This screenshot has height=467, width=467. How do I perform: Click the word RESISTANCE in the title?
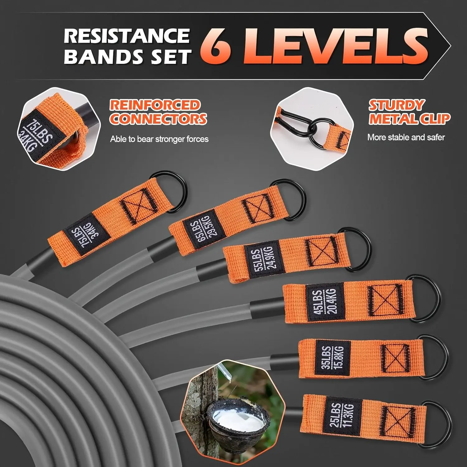(x=127, y=36)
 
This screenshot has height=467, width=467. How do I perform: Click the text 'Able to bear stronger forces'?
(x=159, y=139)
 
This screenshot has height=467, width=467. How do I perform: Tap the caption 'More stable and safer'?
(x=406, y=137)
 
